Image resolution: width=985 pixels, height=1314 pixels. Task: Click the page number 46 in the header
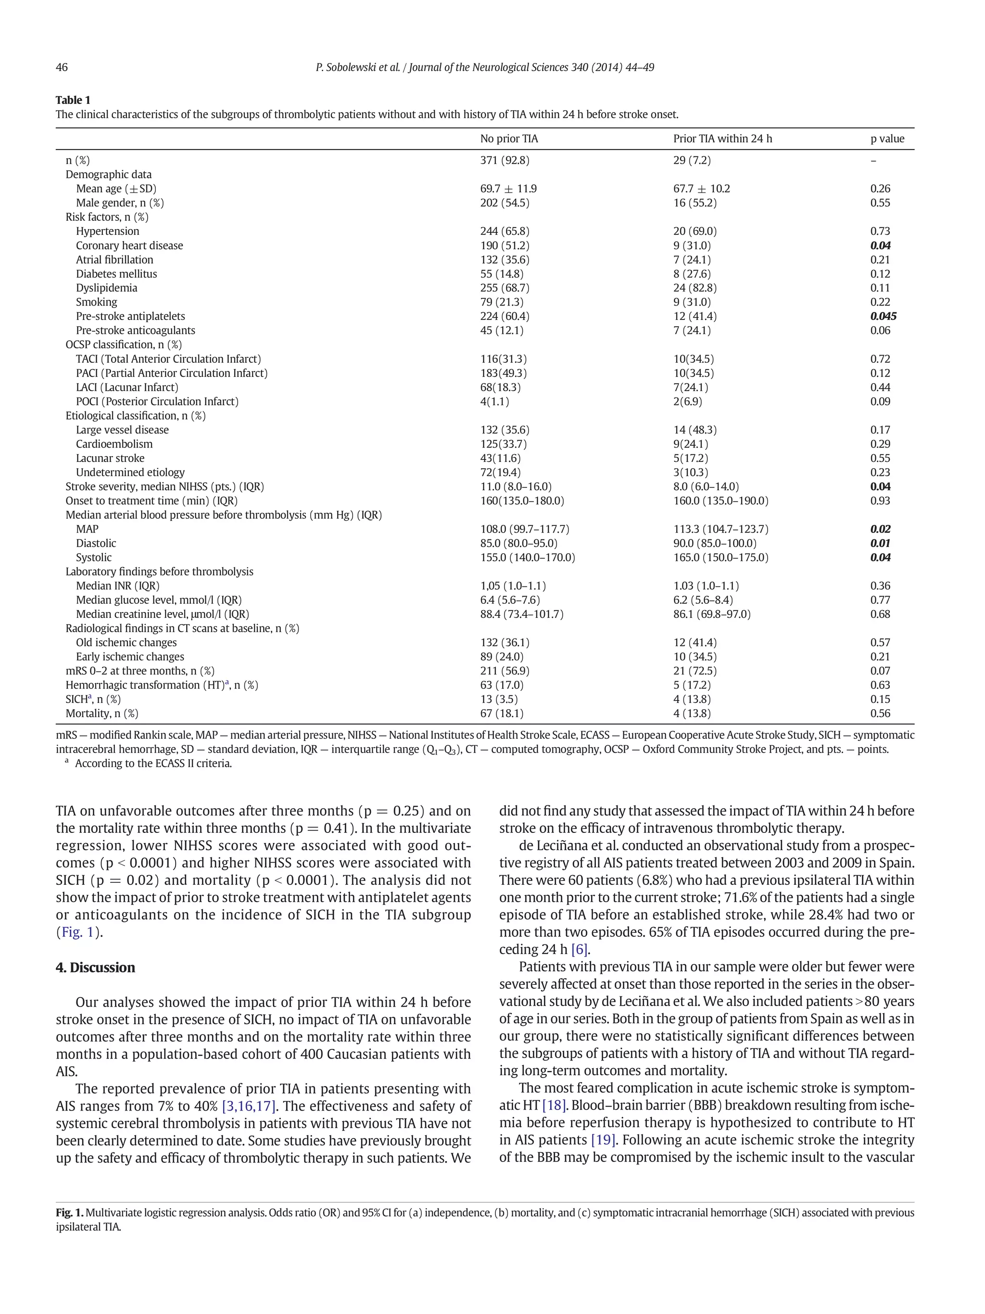point(62,67)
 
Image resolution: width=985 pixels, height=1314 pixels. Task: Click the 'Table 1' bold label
point(73,100)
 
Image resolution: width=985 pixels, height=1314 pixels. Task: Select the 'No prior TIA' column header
point(509,139)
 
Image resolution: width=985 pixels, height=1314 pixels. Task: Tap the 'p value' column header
point(887,139)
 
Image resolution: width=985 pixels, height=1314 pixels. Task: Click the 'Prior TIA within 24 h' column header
point(722,139)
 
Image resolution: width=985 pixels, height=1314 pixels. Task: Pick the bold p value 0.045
point(883,316)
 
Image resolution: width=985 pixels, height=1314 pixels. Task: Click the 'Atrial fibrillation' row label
point(114,260)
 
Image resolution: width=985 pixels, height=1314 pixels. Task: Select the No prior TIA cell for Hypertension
point(505,231)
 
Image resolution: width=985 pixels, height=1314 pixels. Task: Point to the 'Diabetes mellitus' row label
point(116,274)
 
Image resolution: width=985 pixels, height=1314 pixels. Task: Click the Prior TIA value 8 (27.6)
point(692,274)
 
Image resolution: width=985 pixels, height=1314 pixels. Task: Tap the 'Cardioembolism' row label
point(114,444)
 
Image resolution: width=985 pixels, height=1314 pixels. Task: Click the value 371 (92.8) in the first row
point(505,160)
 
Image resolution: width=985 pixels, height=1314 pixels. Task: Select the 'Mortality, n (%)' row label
point(101,713)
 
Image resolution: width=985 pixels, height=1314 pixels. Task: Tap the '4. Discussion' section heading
point(95,968)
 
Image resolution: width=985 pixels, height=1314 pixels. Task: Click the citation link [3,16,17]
point(248,1106)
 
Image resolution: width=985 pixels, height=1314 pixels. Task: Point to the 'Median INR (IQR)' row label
point(117,586)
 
